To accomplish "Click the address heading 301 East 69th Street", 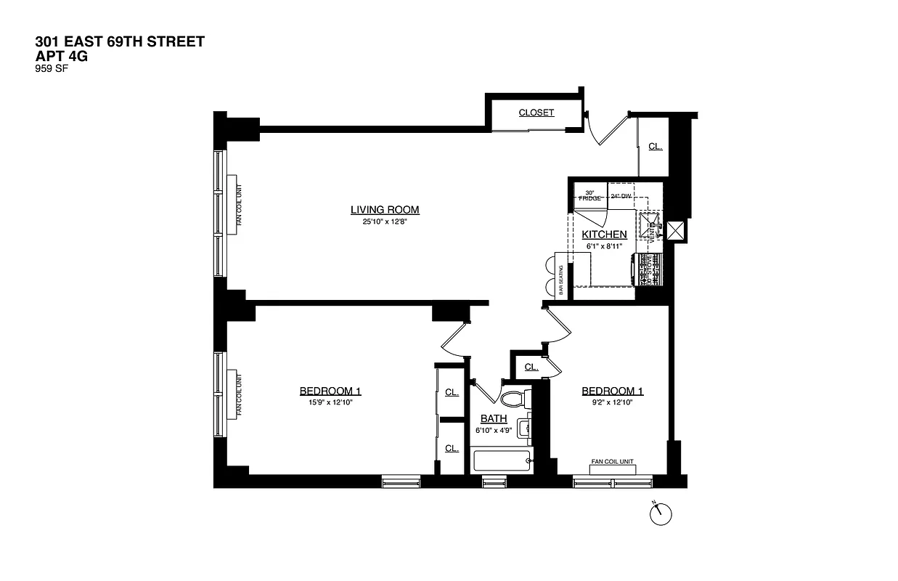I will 120,41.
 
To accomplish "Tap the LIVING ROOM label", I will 385,211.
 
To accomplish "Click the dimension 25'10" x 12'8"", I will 385,222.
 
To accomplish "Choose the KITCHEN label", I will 604,235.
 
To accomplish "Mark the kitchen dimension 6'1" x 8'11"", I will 604,246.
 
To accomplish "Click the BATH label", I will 494,418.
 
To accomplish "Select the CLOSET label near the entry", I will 536,113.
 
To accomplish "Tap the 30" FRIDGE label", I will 589,195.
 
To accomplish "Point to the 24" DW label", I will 621,196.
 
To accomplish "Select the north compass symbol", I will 660,513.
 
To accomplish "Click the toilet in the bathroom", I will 515,399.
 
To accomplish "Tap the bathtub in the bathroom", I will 502,460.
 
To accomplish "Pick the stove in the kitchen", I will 649,269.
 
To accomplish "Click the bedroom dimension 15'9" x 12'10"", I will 330,403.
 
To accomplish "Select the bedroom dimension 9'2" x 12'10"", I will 612,403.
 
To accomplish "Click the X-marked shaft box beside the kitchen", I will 677,231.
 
